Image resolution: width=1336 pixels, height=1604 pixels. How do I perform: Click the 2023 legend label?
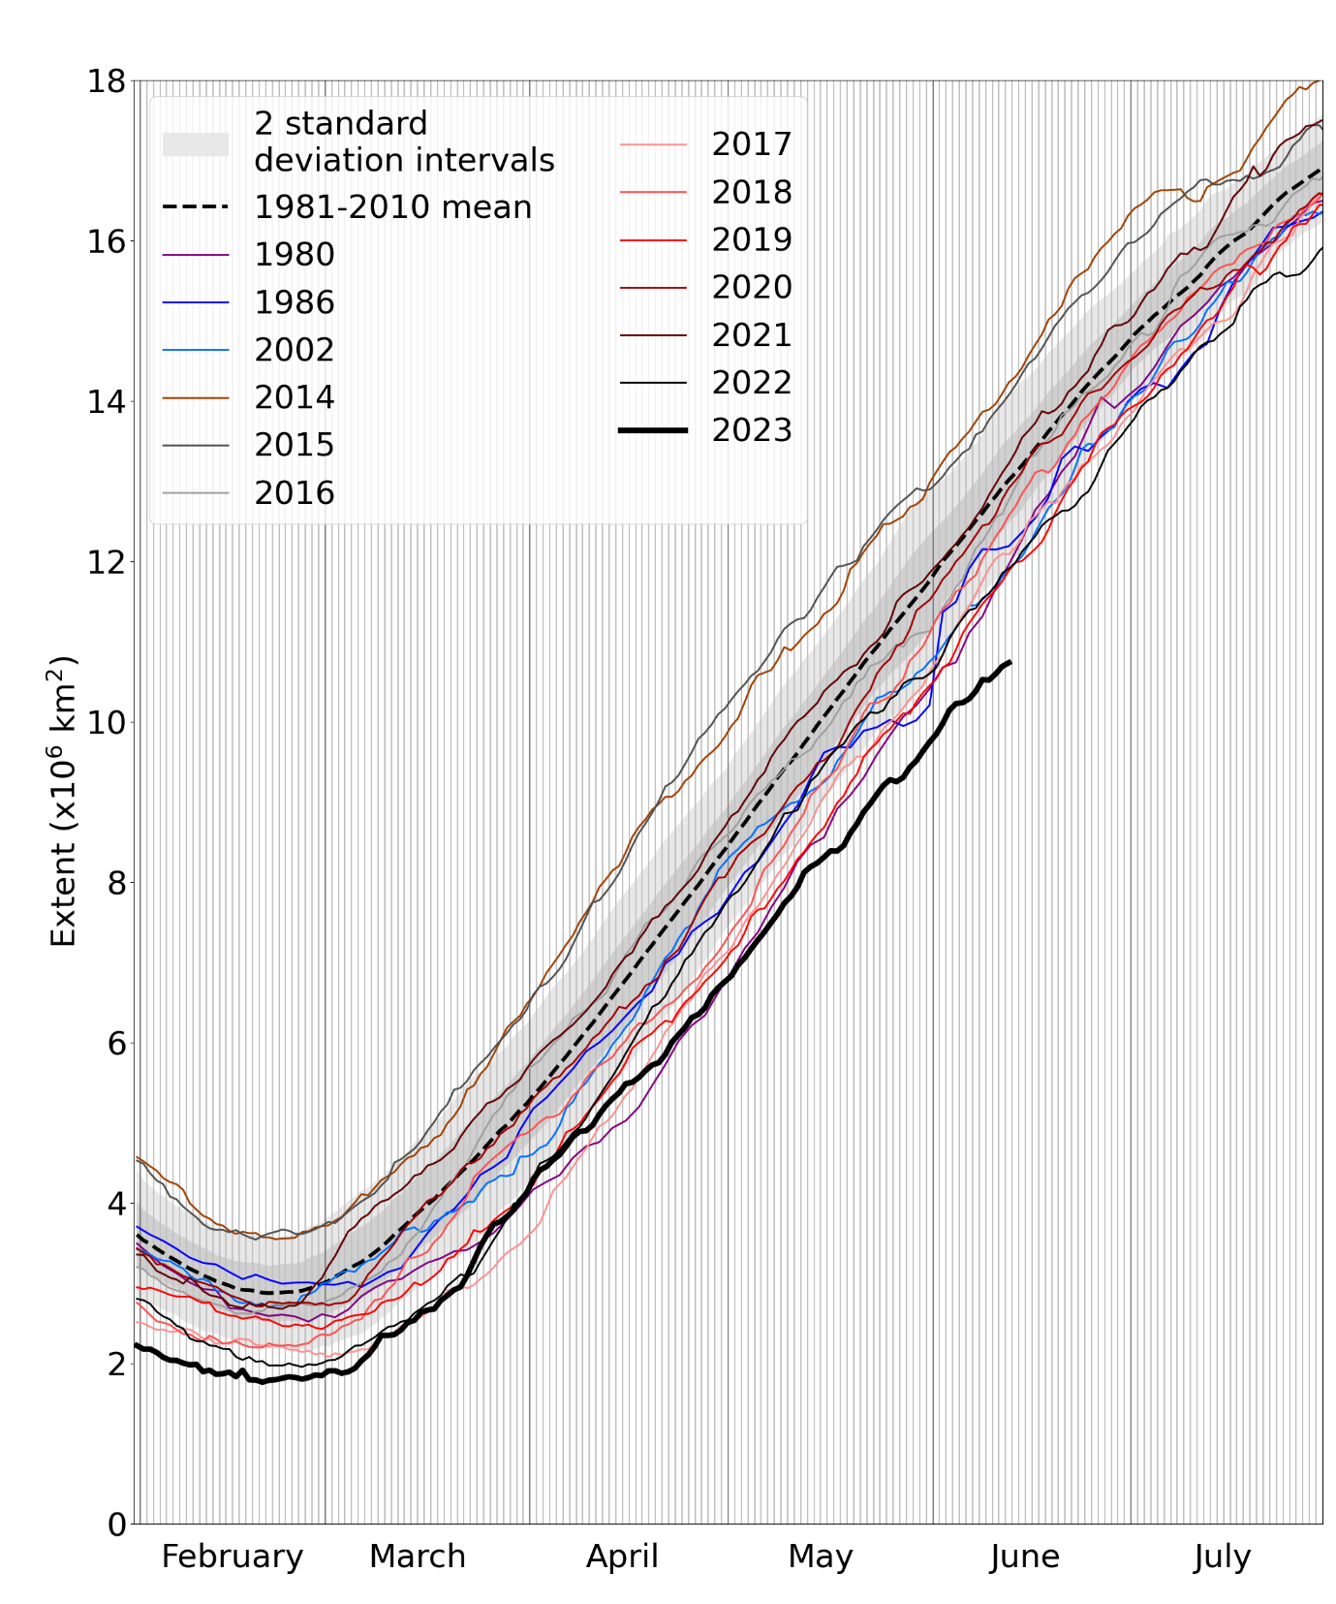click(x=752, y=430)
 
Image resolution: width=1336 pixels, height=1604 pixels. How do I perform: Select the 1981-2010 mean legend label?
click(x=392, y=207)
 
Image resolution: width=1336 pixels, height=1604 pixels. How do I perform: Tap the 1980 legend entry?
click(x=294, y=255)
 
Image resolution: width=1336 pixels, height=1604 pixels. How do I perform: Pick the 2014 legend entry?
click(x=294, y=397)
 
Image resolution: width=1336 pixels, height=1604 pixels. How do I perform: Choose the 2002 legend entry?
click(x=294, y=350)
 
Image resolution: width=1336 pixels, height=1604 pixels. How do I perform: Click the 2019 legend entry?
click(x=752, y=239)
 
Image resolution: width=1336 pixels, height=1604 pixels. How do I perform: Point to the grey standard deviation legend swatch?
click(x=196, y=143)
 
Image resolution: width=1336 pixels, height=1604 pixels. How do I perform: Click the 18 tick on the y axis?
click(x=107, y=81)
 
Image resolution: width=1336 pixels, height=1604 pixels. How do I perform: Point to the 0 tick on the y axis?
click(x=116, y=1525)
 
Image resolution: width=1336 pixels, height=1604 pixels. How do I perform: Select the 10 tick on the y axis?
click(x=107, y=723)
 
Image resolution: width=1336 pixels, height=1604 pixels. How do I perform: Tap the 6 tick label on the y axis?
click(x=116, y=1044)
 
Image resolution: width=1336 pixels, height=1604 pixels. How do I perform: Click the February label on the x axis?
click(x=233, y=1557)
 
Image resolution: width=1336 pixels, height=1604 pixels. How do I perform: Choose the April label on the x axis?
click(x=622, y=1557)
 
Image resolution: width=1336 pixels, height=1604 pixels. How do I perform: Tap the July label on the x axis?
click(x=1222, y=1557)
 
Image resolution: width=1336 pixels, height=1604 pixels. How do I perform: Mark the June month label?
click(x=1024, y=1557)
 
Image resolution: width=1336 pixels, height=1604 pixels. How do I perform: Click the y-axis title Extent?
click(x=63, y=802)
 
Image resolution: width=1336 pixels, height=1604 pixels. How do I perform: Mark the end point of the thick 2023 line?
click(x=1010, y=662)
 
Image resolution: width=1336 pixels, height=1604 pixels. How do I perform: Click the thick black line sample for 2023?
click(x=653, y=430)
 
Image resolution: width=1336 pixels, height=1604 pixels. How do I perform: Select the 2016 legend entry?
click(x=294, y=493)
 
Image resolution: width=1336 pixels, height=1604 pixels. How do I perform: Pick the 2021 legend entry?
click(x=752, y=335)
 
